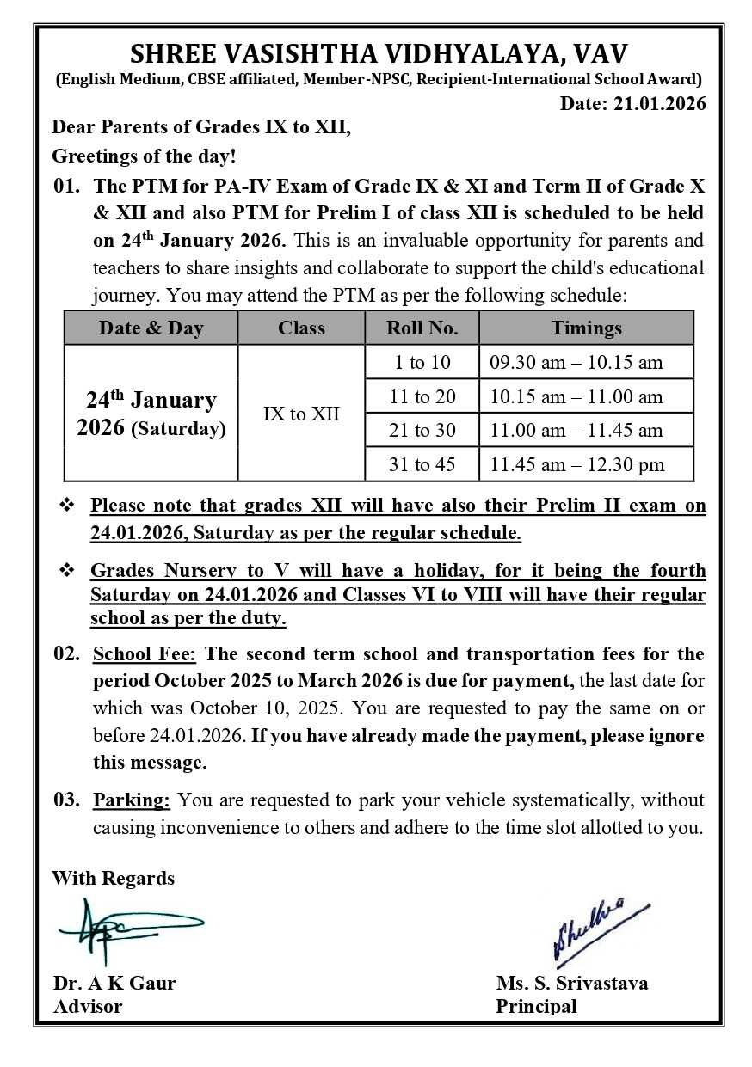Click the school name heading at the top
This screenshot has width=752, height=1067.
coord(379,53)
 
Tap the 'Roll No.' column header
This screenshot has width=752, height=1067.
coord(422,328)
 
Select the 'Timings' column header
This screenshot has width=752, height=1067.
coord(586,328)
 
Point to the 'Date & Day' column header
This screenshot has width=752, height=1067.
coord(151,328)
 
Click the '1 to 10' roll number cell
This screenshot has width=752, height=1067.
coord(422,362)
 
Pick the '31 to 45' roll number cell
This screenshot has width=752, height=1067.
coord(422,465)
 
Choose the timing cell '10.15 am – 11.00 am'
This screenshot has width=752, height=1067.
coord(576,396)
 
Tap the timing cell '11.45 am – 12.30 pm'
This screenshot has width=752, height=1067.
coord(576,465)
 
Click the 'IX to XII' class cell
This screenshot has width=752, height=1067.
coord(301,414)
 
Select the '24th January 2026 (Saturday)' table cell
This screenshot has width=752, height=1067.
coord(151,414)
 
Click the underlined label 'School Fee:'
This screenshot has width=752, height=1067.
coord(145,654)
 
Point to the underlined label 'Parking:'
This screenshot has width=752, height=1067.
coord(132,800)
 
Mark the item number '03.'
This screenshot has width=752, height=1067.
coord(66,800)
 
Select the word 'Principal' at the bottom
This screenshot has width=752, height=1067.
coord(536,1006)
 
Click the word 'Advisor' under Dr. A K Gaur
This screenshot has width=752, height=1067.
coord(88,1006)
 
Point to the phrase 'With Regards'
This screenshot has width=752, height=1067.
coord(113,878)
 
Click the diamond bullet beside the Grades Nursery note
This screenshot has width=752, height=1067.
coord(66,571)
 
